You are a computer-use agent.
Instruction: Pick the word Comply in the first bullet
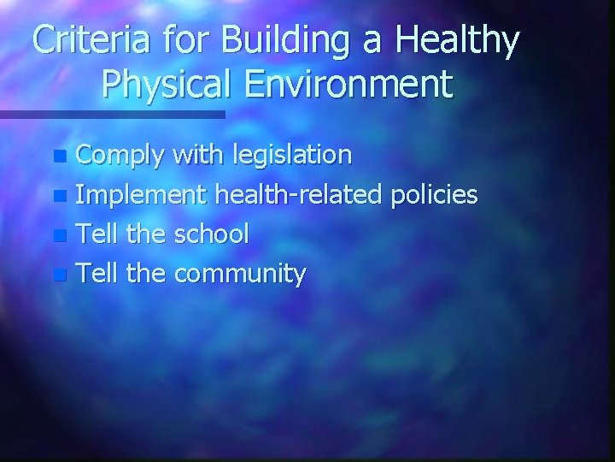121,156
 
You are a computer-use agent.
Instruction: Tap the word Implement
142,195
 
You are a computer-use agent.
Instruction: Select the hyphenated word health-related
298,194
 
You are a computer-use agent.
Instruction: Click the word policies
433,195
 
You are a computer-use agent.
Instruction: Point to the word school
210,234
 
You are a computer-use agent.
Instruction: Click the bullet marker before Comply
58,157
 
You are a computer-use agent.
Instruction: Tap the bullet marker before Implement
58,197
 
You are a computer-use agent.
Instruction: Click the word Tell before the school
97,234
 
